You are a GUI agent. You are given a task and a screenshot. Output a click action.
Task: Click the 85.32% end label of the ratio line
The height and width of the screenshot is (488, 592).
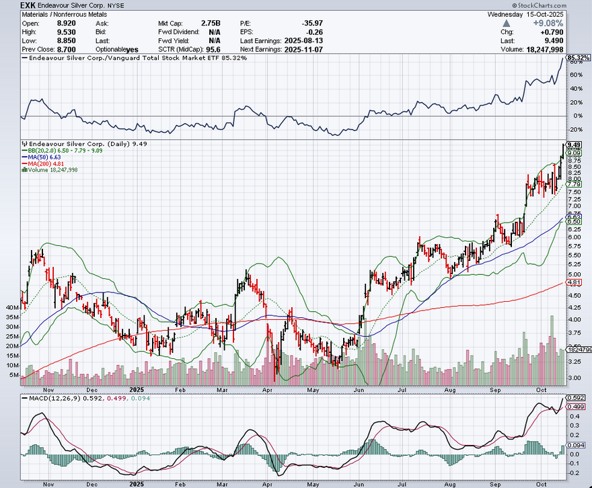coord(578,58)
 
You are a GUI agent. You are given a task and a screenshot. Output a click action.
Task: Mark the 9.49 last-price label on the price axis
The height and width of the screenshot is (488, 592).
coord(574,145)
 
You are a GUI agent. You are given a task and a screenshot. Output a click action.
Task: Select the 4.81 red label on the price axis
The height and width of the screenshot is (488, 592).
coord(574,283)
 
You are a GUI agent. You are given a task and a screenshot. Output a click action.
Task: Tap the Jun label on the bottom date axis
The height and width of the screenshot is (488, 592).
coord(359,390)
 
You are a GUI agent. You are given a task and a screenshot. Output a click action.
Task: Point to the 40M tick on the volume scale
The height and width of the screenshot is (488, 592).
coord(12,308)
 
